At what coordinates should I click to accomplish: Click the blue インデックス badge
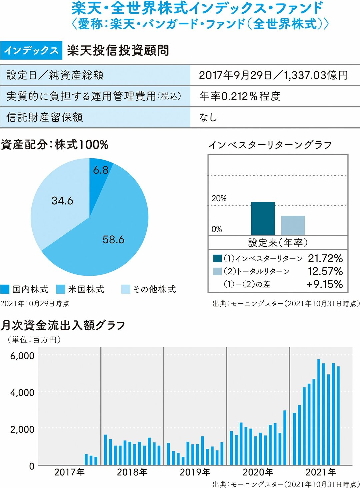31,50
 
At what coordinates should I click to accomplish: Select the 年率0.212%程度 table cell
240,96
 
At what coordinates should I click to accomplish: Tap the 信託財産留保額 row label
45,117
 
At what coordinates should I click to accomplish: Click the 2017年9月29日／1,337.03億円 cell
273,75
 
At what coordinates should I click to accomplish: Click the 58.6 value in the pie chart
113,239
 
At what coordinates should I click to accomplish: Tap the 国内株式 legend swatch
5,289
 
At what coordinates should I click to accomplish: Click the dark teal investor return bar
263,218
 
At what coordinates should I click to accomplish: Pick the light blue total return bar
293,225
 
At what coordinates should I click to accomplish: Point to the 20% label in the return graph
219,198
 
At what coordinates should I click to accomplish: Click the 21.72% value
325,258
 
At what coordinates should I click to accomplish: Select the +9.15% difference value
325,284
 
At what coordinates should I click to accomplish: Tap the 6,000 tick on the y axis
22,356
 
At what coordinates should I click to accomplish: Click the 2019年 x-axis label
195,472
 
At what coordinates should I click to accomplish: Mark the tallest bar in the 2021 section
319,412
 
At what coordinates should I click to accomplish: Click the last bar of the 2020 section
285,438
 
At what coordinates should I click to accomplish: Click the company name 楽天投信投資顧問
118,50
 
